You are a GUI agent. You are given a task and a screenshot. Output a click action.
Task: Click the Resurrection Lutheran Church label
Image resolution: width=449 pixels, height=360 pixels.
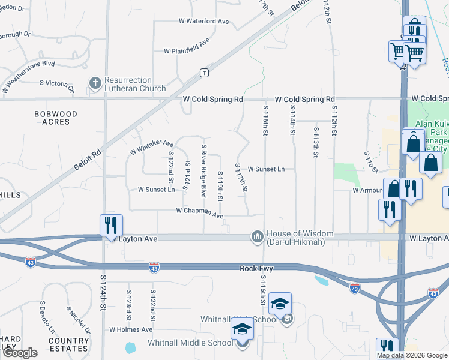coord(135,85)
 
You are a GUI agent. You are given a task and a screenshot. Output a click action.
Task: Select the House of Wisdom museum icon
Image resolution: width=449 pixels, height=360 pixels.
coord(258,238)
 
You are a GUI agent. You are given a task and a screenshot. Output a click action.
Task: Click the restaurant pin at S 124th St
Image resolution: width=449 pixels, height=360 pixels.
coord(111,226)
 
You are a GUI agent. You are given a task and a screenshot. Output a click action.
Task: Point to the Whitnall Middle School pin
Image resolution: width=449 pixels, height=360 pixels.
coord(242,331)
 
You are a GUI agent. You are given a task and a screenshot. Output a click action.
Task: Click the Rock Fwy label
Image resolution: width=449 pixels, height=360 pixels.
coord(256,269)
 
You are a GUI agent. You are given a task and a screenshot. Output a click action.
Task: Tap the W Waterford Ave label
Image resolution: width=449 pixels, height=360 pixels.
coord(204,21)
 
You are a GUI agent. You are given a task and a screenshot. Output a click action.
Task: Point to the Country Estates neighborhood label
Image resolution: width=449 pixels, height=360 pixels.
coord(69,345)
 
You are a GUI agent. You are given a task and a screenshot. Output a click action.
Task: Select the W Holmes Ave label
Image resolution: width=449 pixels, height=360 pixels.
coord(131,329)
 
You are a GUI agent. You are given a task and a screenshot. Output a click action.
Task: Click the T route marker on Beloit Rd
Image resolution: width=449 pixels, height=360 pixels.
coord(205,73)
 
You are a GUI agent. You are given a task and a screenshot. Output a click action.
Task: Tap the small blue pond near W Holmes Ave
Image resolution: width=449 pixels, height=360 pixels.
coord(130,347)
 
